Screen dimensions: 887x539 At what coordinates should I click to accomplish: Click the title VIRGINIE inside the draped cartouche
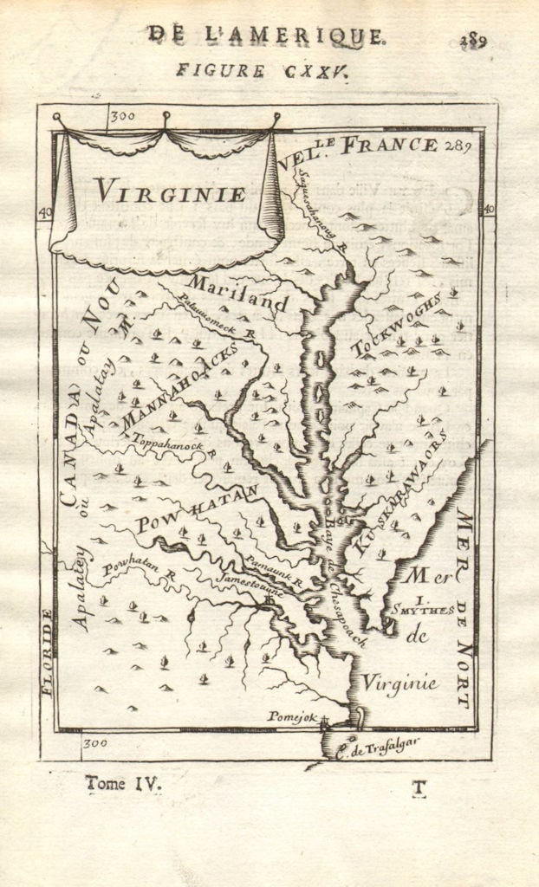169,190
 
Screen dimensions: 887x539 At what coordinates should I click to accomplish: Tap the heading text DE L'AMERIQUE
265,36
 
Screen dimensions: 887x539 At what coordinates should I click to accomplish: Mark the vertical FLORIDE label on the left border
48,651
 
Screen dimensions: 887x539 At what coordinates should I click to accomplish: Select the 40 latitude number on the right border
489,209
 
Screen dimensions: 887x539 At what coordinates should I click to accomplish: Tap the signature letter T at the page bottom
419,787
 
